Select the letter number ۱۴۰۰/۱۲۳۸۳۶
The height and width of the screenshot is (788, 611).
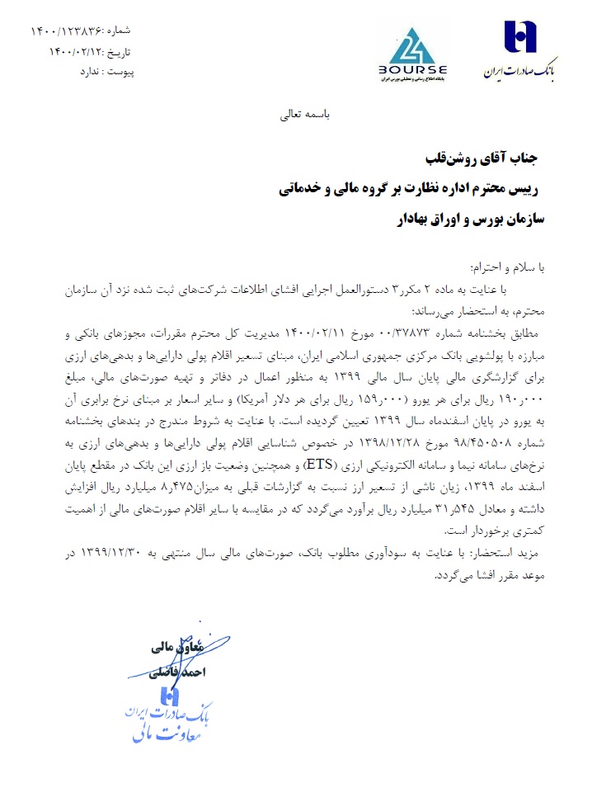68,31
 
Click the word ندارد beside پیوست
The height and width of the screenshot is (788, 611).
88,72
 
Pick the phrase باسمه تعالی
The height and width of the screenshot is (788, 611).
305,116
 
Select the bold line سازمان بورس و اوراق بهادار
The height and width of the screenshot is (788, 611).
466,219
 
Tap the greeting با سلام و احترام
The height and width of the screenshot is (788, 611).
506,267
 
